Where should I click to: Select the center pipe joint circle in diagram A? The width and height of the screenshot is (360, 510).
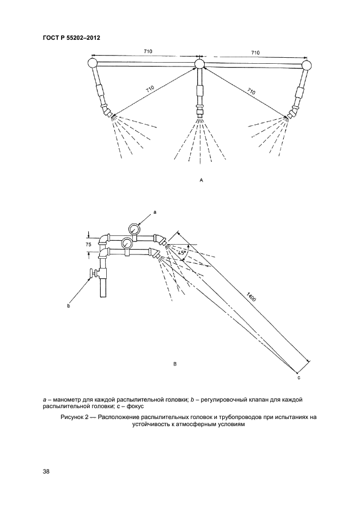click(x=199, y=64)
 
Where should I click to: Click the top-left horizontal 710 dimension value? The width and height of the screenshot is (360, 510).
click(x=147, y=51)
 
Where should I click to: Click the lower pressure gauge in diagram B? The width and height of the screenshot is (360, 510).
click(x=126, y=242)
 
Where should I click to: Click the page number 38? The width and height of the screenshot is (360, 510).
click(x=46, y=471)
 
